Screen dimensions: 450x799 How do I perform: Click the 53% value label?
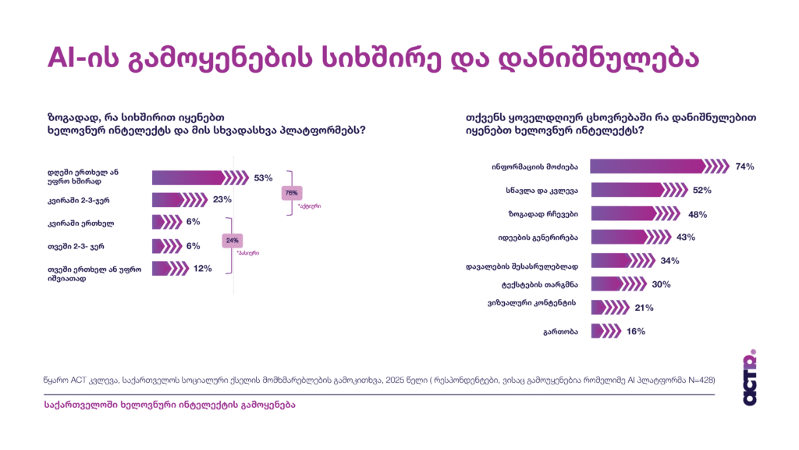pyautogui.click(x=262, y=177)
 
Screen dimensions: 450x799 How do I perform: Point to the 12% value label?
pyautogui.click(x=202, y=269)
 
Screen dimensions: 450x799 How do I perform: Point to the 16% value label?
pyautogui.click(x=636, y=331)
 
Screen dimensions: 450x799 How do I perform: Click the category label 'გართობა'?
pyautogui.click(x=560, y=332)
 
